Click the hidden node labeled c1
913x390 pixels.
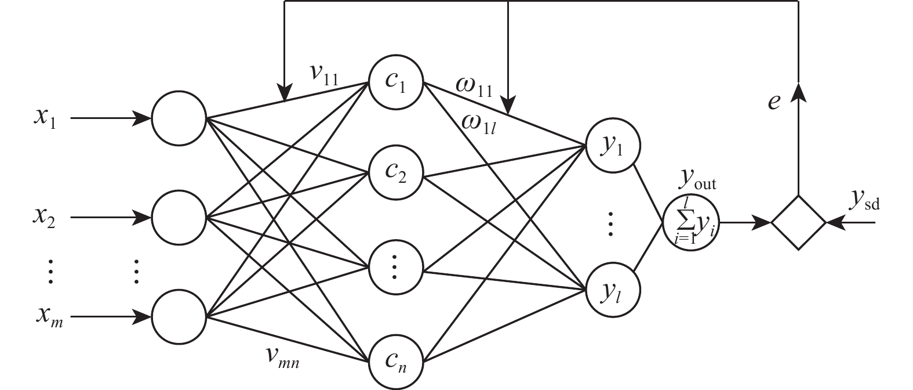point(396,82)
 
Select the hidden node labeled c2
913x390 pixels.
point(396,174)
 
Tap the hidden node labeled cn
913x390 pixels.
point(396,363)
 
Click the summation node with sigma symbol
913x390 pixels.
point(690,222)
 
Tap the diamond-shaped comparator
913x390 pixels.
point(798,222)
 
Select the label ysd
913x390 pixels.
point(866,200)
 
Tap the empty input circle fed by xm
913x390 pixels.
point(179,317)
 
